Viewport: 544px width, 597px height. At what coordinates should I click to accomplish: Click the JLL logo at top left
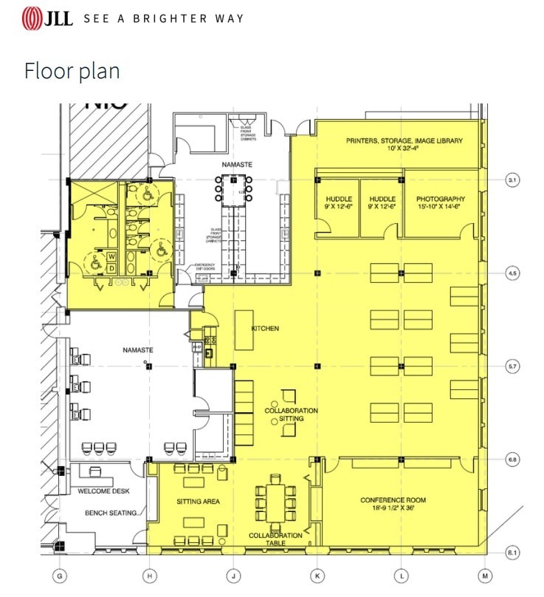coord(48,18)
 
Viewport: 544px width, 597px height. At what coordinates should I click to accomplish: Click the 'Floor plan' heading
coord(72,72)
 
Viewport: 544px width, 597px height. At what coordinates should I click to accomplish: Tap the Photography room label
coord(441,199)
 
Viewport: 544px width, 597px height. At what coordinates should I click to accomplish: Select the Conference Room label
coord(393,500)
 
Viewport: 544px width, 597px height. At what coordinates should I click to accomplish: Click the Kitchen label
coord(265,328)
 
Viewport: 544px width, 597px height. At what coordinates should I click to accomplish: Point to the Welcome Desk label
coord(104,491)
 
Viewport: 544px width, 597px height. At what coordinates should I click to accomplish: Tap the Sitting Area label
coord(198,502)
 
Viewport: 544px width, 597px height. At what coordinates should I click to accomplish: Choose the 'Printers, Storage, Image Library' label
coord(404,140)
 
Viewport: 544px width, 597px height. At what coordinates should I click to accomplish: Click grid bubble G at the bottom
coord(61,575)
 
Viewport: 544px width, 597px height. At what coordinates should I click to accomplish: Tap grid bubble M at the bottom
coord(485,575)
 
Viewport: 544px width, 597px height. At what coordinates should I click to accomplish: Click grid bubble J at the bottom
coord(234,575)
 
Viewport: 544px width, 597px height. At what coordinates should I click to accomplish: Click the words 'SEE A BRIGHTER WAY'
coord(163,18)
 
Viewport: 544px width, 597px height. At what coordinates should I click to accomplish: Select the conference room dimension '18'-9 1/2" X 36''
coord(393,509)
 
